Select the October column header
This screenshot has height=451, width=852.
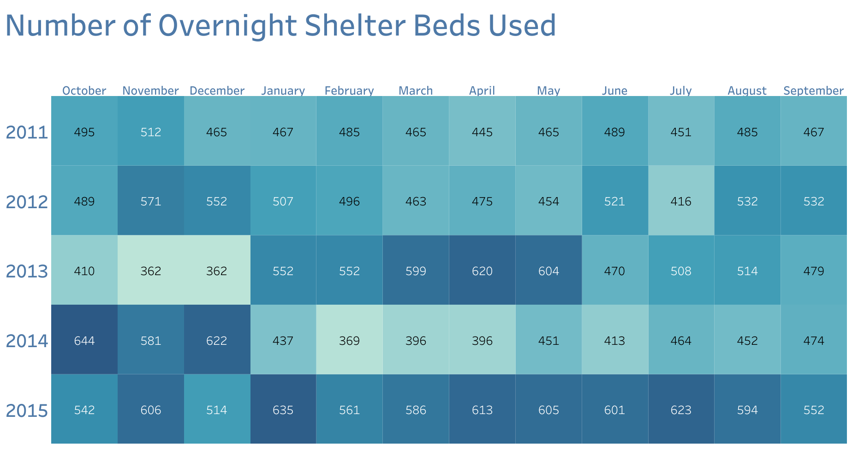tap(84, 90)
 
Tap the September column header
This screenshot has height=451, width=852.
tap(813, 90)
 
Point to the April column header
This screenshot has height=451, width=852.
tap(482, 90)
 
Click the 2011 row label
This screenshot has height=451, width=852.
tap(27, 132)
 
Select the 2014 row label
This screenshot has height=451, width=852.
tap(27, 341)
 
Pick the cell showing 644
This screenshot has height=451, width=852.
tap(84, 341)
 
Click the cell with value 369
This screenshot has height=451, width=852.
tap(349, 341)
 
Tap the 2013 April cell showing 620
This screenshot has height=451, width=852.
tap(482, 271)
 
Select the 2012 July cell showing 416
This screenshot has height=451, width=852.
tap(681, 201)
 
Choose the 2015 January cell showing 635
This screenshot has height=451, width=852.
tap(283, 410)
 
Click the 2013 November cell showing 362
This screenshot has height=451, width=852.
tap(151, 271)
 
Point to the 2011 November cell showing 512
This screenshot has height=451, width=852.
tap(151, 132)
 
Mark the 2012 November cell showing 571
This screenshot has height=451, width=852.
tap(151, 201)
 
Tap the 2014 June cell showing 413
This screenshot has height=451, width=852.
tap(614, 341)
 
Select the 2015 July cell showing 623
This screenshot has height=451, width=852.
tap(681, 410)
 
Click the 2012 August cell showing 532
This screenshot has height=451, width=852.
tap(747, 201)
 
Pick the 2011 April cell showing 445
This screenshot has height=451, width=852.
tap(482, 132)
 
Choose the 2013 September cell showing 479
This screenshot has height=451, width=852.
tap(814, 271)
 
